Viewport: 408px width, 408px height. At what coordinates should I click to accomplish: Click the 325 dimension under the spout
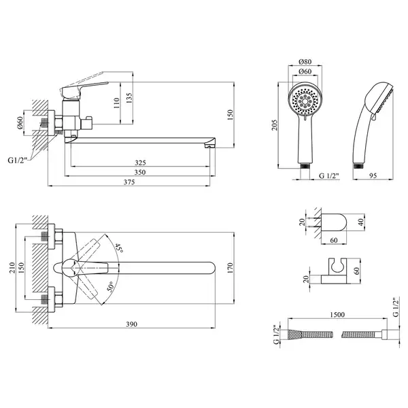click(140, 163)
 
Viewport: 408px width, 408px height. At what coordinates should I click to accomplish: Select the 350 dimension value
click(140, 172)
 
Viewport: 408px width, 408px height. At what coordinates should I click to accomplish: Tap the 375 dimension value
click(129, 182)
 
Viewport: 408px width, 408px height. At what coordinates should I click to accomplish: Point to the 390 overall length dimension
click(132, 324)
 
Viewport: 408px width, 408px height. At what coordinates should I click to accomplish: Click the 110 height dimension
click(116, 103)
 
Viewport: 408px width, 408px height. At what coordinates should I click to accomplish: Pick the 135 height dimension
click(129, 98)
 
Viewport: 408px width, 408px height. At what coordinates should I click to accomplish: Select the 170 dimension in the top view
click(231, 268)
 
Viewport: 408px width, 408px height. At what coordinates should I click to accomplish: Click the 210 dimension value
click(12, 267)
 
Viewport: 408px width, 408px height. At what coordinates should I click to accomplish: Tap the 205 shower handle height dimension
click(275, 125)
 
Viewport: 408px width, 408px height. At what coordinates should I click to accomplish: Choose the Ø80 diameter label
click(305, 62)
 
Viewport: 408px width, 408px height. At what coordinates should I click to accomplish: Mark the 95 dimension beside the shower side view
click(373, 175)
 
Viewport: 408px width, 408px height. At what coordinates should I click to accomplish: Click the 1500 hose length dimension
click(337, 315)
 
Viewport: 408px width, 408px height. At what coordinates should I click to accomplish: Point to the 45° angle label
click(119, 248)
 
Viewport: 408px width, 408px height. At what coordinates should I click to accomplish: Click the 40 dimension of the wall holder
click(360, 222)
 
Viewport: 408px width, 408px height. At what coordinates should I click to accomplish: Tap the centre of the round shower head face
click(305, 99)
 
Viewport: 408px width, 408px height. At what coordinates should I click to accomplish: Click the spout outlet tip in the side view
click(210, 146)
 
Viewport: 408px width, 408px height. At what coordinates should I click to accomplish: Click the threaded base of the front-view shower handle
click(305, 166)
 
